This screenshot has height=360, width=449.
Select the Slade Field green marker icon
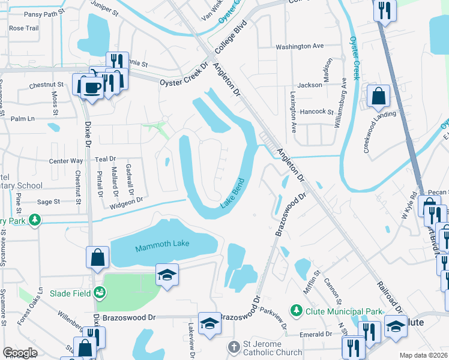(100, 293)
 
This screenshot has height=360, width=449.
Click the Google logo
(20, 353)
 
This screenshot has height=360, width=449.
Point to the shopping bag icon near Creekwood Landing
(379, 96)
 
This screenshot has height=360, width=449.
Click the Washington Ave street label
(300, 46)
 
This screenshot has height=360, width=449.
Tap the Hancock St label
(316, 112)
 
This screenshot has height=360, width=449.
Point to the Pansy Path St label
(28, 12)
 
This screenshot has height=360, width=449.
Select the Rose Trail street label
(24, 28)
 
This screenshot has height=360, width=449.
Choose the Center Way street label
(66, 161)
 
